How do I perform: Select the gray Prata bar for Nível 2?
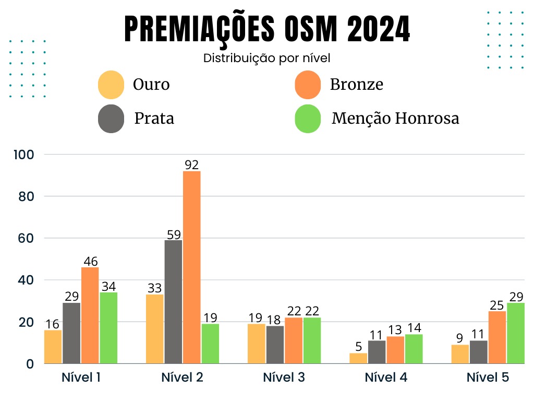[x=173, y=302]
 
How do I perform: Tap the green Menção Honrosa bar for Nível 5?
[x=516, y=333]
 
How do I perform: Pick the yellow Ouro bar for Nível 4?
[x=358, y=358]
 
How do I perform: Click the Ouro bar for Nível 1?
[x=53, y=347]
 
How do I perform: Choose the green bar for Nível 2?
[x=210, y=344]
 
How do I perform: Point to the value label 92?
[x=192, y=165]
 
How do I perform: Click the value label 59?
[x=173, y=234]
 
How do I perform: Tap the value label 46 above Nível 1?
[x=90, y=262]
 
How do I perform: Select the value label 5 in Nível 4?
[x=358, y=347]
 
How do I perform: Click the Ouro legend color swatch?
[x=111, y=85]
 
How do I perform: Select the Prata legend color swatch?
[x=111, y=119]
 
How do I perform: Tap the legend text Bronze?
[x=356, y=85]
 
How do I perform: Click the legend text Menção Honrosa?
[x=395, y=119]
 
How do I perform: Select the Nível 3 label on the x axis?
[x=284, y=378]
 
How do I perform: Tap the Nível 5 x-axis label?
[x=488, y=378]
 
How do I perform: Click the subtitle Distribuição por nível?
[x=266, y=58]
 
